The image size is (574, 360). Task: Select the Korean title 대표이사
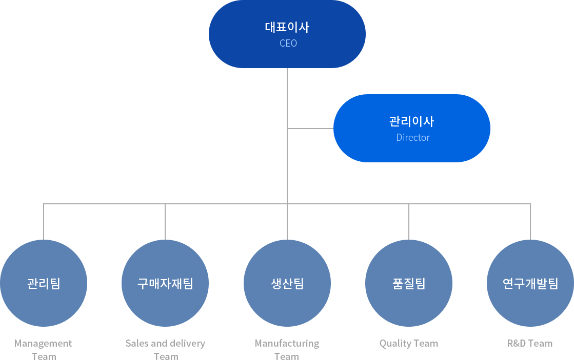point(287,27)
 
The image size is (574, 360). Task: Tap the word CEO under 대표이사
point(288,44)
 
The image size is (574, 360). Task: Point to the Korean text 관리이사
point(411,121)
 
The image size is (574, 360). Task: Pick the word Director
point(413,138)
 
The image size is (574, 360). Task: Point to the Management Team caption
point(44,350)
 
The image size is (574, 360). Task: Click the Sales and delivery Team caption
point(165,350)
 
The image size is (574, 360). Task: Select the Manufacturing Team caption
point(287,350)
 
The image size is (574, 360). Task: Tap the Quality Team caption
point(409,344)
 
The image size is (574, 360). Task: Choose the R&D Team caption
point(530,344)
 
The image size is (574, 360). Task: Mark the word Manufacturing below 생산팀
point(287,344)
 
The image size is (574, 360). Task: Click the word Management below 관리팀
point(44,344)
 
